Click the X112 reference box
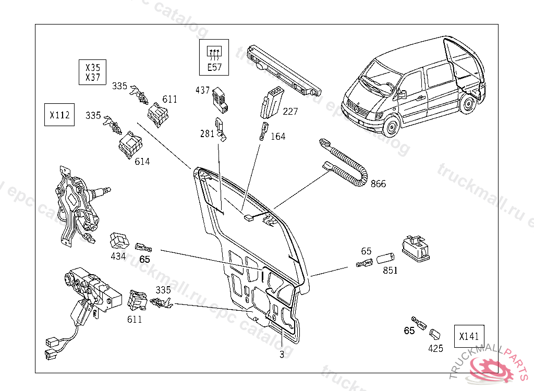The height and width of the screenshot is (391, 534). (59, 115)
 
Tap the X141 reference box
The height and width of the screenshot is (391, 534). (469, 337)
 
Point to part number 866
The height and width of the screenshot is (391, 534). (378, 184)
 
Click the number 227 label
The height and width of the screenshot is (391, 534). (290, 111)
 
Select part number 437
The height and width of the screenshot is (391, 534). (202, 90)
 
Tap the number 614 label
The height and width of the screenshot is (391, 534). (142, 162)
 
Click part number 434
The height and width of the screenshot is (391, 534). (118, 256)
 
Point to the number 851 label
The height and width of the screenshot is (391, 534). (390, 271)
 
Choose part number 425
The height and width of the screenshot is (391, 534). (435, 348)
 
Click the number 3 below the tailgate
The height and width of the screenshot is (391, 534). (282, 355)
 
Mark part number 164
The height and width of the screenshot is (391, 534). (278, 137)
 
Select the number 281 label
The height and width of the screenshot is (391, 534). (207, 133)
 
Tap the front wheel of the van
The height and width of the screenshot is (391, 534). (392, 127)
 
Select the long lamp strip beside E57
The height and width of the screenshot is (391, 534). (284, 70)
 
